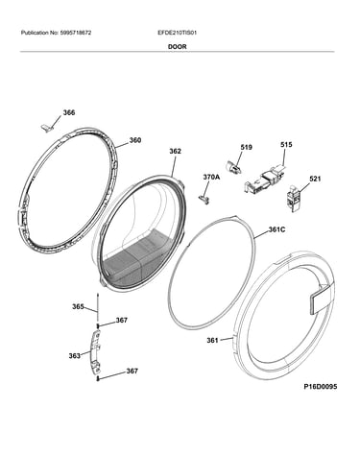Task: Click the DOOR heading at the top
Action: pos(178,47)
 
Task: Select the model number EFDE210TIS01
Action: pos(178,33)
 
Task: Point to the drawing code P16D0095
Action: pos(321,387)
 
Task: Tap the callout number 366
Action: pos(69,112)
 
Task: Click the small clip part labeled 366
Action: pos(46,128)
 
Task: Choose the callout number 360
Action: pos(135,140)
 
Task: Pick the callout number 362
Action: pos(175,151)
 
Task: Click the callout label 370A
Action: pos(211,177)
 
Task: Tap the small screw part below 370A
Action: pos(204,200)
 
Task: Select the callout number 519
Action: pos(246,147)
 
